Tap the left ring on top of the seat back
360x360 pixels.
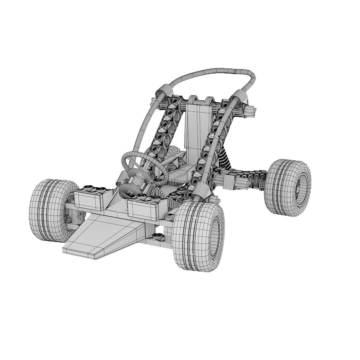pyautogui.click(x=192, y=100)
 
